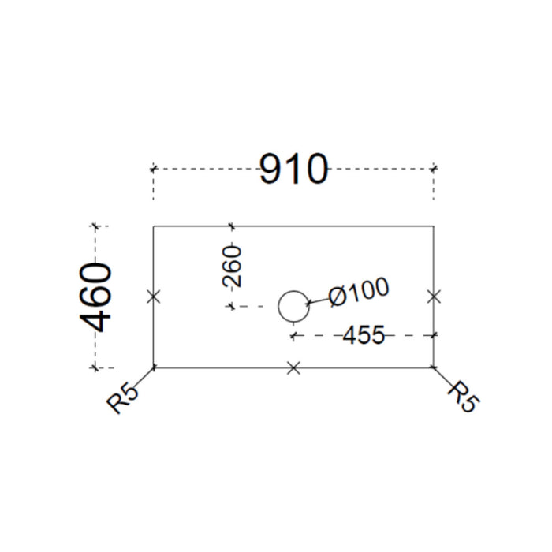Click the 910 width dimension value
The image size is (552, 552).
pyautogui.click(x=293, y=169)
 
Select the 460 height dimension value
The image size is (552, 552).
pyautogui.click(x=95, y=297)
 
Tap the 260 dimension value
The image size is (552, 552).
pyautogui.click(x=233, y=267)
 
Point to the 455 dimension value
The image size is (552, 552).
pyautogui.click(x=364, y=335)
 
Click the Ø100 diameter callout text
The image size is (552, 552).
pyautogui.click(x=359, y=292)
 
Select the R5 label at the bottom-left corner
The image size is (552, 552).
pyautogui.click(x=123, y=400)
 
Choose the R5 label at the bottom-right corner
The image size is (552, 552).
pyautogui.click(x=464, y=397)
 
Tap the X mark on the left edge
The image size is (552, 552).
pyautogui.click(x=154, y=297)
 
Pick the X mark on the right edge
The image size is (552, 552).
pyautogui.click(x=434, y=297)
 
